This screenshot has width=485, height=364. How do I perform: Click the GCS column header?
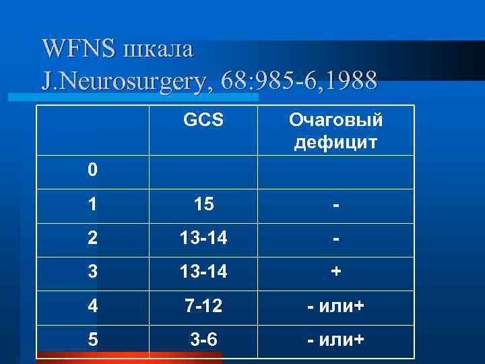click(203, 120)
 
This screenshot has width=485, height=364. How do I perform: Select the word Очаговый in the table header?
click(335, 120)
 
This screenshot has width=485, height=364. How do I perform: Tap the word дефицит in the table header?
click(335, 143)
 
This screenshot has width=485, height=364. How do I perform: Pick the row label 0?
click(92, 169)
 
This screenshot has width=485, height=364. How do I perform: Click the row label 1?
click(92, 204)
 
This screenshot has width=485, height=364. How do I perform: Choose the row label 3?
click(92, 272)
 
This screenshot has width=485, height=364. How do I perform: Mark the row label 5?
click(92, 340)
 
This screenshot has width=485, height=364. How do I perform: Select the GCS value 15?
click(203, 204)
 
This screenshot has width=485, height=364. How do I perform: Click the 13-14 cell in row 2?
click(203, 239)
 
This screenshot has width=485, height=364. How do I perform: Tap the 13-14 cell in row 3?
click(203, 272)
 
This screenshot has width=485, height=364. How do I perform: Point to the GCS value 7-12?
click(203, 306)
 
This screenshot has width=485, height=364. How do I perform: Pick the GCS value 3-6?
click(203, 340)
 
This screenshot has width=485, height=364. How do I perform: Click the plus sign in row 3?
click(335, 272)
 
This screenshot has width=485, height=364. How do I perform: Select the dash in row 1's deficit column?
click(335, 204)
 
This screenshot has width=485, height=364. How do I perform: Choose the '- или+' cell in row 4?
click(335, 306)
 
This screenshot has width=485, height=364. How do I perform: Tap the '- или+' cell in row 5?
click(335, 340)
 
